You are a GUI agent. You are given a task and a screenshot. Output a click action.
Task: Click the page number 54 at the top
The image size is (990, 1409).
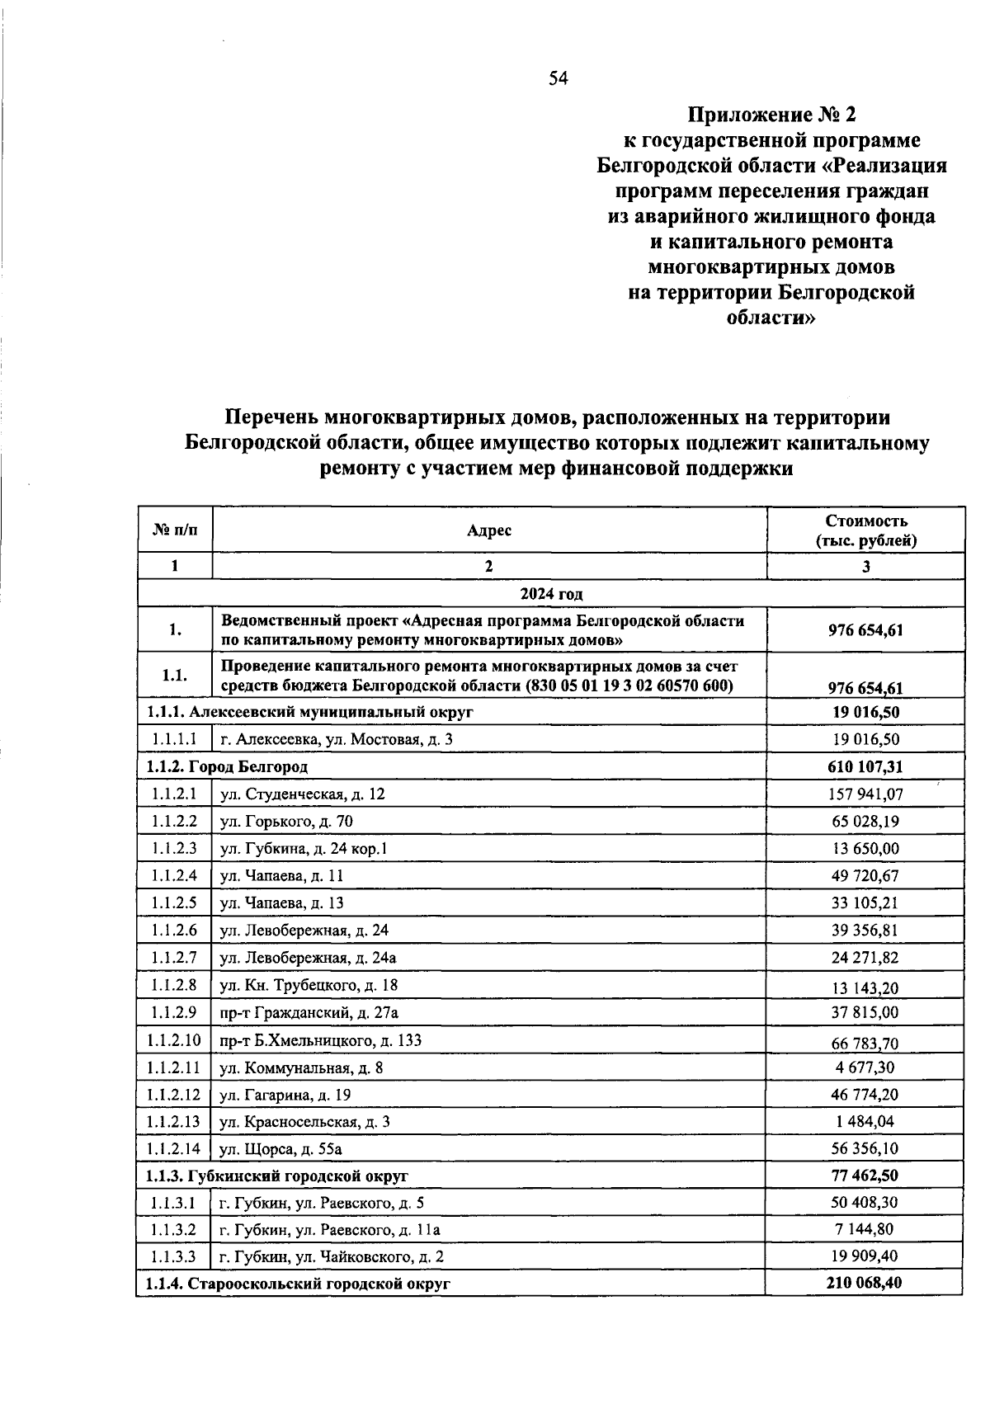559,79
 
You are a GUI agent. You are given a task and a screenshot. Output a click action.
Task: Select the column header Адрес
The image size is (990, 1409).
488,530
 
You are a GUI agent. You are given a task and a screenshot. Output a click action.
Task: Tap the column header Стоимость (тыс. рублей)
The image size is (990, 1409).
865,530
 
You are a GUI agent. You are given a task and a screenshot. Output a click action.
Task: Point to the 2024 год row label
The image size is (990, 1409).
550,593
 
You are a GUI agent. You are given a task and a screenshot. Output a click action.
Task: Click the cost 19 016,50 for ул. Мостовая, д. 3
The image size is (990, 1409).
865,739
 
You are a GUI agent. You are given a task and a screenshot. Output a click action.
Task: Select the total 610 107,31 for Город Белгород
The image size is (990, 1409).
865,766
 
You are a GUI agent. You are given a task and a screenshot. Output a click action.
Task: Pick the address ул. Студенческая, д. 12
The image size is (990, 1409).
303,794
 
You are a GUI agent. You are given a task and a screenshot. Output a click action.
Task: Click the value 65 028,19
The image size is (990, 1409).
865,821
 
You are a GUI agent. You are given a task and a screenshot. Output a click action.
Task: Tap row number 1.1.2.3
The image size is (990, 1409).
174,848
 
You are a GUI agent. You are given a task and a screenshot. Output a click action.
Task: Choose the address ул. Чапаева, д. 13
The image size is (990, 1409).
282,902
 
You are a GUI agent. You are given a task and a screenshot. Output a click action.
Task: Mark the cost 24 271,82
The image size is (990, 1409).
865,958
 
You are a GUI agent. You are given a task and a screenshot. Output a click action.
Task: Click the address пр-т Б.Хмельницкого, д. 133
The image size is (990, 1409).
321,1040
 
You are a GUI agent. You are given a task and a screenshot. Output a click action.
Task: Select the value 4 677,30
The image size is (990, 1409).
865,1067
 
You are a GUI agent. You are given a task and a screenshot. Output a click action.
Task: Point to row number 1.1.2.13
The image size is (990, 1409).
174,1122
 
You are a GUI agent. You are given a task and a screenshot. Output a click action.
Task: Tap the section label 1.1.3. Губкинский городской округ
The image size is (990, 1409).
277,1176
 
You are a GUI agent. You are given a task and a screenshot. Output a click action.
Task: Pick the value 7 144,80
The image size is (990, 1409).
865,1229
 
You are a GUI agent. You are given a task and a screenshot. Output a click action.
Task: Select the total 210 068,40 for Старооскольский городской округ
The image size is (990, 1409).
865,1283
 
